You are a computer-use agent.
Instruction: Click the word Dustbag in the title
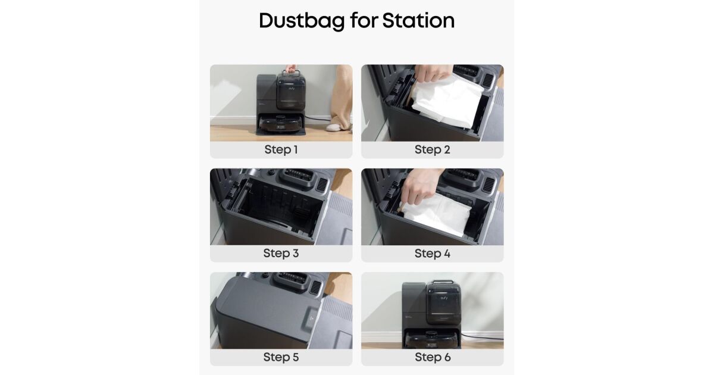click(302, 21)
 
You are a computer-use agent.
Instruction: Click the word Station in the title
click(418, 21)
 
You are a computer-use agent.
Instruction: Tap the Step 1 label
click(281, 149)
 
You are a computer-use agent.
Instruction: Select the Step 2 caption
click(432, 149)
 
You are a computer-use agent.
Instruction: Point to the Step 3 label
click(281, 253)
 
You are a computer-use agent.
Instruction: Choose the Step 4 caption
click(432, 254)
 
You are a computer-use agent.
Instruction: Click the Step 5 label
click(281, 357)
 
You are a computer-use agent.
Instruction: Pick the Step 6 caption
click(433, 357)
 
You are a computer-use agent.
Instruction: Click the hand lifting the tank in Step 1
click(290, 68)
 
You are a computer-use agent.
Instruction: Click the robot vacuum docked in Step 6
click(431, 340)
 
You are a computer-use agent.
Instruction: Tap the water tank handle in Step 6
click(443, 282)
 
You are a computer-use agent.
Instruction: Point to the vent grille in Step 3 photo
click(322, 185)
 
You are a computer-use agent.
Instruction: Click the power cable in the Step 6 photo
click(481, 336)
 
